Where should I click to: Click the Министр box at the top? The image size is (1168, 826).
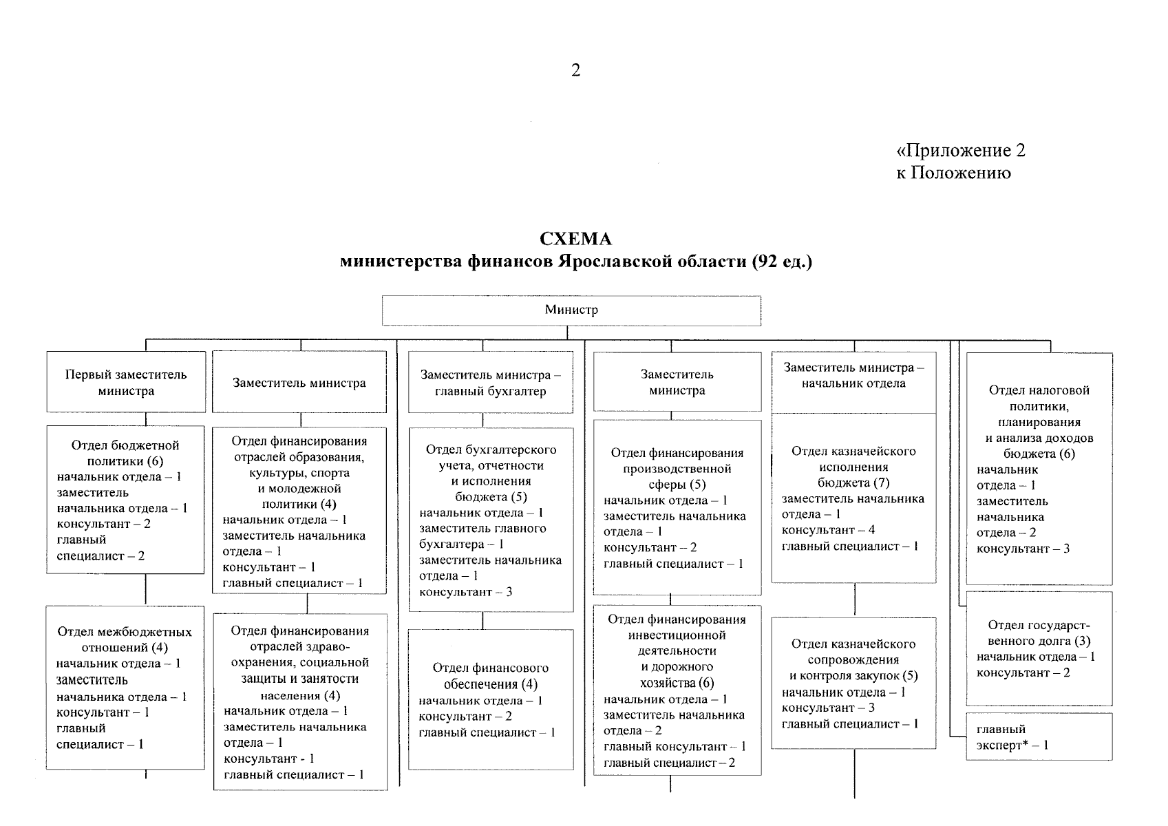click(x=571, y=310)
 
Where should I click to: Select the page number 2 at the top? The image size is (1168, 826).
click(x=576, y=70)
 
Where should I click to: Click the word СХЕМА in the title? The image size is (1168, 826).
click(x=575, y=239)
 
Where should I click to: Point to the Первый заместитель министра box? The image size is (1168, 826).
click(x=126, y=383)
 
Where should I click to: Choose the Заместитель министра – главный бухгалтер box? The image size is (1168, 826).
click(x=490, y=383)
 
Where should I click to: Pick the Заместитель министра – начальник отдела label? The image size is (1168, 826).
click(x=853, y=375)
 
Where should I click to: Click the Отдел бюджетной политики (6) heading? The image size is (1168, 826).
click(x=125, y=453)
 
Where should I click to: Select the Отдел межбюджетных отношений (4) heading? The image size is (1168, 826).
click(x=125, y=639)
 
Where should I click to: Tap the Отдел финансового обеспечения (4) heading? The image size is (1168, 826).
click(x=490, y=676)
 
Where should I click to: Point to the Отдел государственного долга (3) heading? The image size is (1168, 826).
click(x=1039, y=633)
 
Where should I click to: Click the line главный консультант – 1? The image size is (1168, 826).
click(x=675, y=747)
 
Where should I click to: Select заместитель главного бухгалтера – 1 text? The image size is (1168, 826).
click(x=482, y=536)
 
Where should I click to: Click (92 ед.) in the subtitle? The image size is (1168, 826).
click(x=782, y=262)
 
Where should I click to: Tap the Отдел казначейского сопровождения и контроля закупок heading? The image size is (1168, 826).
click(x=853, y=660)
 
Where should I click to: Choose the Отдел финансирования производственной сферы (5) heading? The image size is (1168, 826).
click(x=677, y=469)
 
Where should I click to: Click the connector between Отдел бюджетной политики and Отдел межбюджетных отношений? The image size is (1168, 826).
click(x=146, y=590)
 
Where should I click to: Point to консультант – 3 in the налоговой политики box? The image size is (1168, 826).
click(x=1023, y=549)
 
